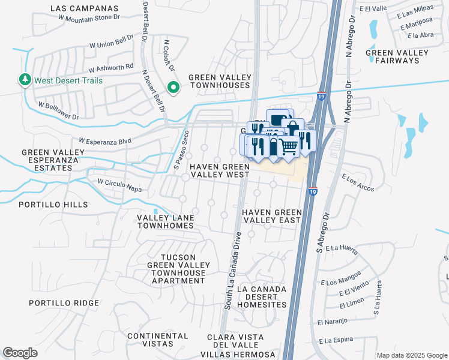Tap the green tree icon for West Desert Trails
25,80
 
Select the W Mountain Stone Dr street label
90,18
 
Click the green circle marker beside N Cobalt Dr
173,88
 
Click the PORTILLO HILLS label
53,205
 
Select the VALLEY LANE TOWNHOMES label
166,221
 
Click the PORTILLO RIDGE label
64,303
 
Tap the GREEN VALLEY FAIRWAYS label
397,56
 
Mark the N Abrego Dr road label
348,42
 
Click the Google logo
20,353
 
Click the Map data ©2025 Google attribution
412,355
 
